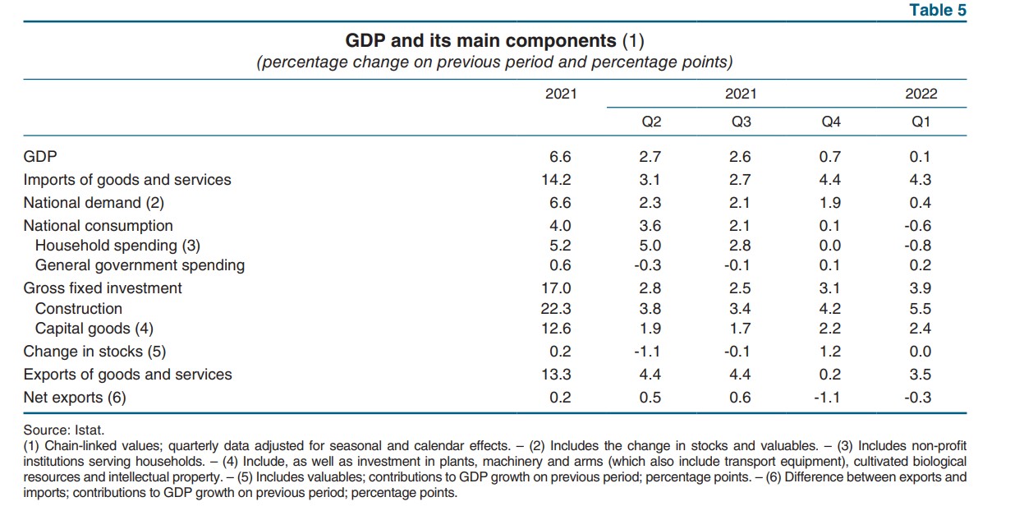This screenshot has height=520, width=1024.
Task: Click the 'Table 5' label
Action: pyautogui.click(x=938, y=10)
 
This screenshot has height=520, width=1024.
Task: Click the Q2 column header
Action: pyautogui.click(x=651, y=122)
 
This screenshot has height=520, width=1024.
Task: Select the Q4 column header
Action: pyautogui.click(x=831, y=122)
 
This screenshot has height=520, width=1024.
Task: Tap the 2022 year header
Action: pyautogui.click(x=921, y=94)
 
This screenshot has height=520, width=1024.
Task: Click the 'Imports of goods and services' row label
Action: pyautogui.click(x=127, y=180)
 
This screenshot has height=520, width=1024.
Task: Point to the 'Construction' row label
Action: pyautogui.click(x=79, y=309)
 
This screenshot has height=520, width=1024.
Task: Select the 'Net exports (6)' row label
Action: pyautogui.click(x=75, y=398)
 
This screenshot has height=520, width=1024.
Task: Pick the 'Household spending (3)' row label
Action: pyautogui.click(x=117, y=245)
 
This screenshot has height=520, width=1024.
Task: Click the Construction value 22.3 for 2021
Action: pyautogui.click(x=558, y=309)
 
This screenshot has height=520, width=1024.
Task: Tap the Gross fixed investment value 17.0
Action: pyautogui.click(x=558, y=288)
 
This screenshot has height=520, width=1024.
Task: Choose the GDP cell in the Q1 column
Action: pyautogui.click(x=921, y=157)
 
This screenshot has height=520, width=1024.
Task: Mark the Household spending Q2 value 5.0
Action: pyautogui.click(x=651, y=245)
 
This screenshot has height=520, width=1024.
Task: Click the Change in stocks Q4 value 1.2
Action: pyautogui.click(x=830, y=352)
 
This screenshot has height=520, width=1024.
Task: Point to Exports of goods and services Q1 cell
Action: pyautogui.click(x=921, y=375)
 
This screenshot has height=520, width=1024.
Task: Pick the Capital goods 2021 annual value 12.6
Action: pyautogui.click(x=558, y=329)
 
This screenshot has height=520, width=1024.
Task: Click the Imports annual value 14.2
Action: pyautogui.click(x=558, y=180)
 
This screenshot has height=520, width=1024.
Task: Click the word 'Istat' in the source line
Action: pyautogui.click(x=89, y=429)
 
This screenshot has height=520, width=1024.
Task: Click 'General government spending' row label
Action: pyautogui.click(x=140, y=265)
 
